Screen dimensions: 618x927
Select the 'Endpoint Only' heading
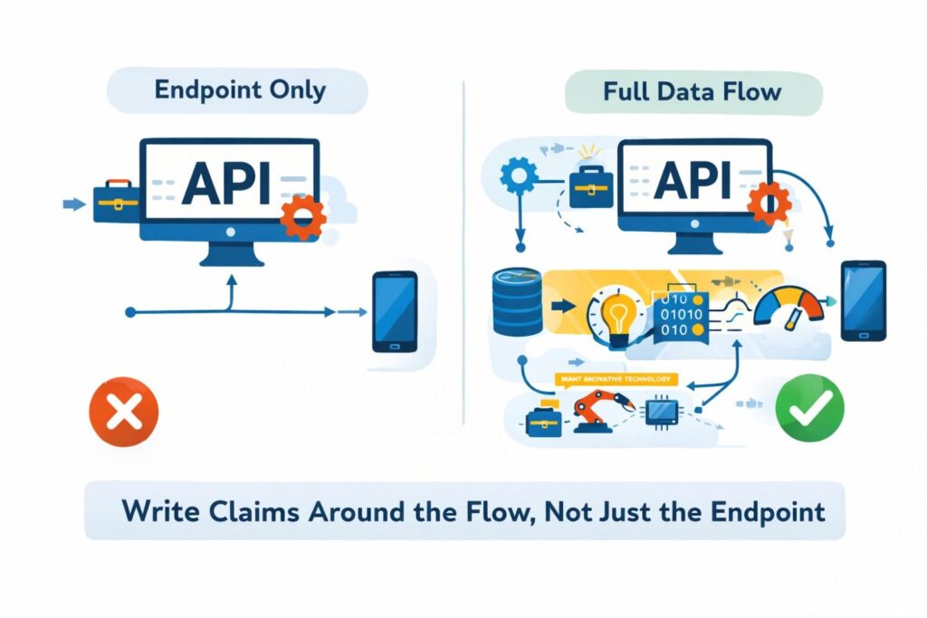point(236,91)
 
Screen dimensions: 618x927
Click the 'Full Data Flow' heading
point(693,91)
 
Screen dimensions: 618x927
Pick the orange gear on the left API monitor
point(301,217)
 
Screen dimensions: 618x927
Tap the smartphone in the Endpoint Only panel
point(396,311)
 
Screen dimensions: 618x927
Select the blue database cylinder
point(518,301)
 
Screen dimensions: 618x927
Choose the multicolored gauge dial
point(790,309)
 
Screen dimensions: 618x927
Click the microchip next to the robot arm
point(660,413)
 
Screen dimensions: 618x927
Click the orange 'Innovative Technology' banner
point(616,379)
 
